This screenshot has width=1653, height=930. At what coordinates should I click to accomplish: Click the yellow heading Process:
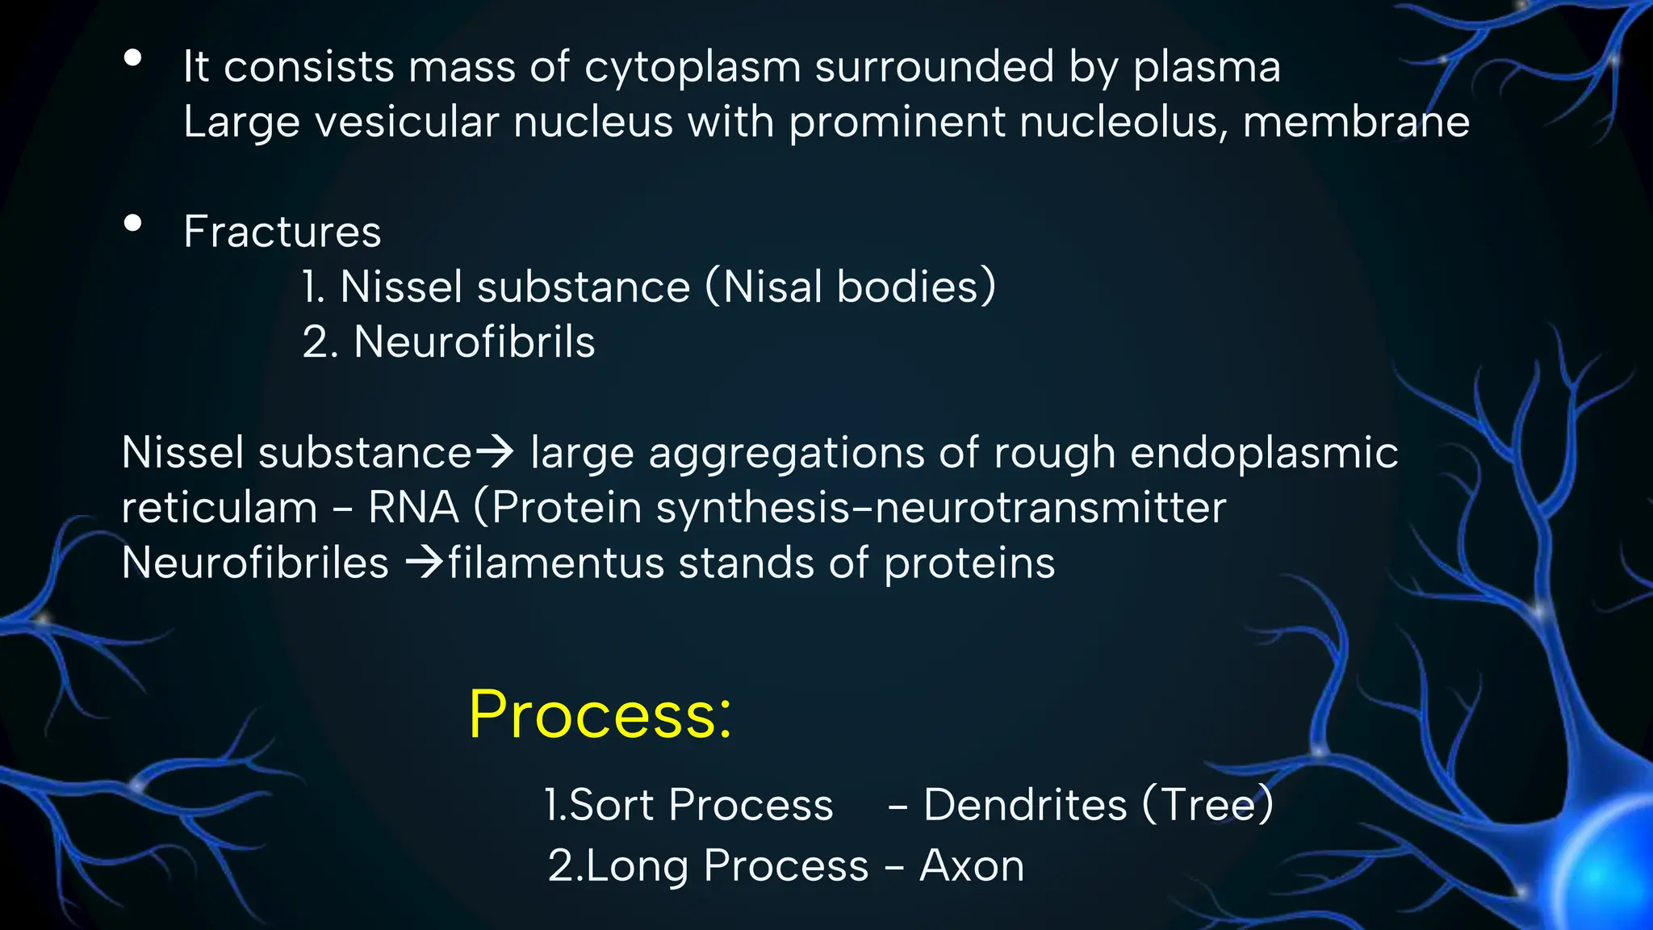[x=600, y=714]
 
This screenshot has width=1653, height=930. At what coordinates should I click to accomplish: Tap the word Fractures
[x=282, y=232]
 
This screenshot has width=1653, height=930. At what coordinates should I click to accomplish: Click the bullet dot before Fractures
[x=133, y=223]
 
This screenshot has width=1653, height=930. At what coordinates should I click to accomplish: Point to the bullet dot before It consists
[x=133, y=58]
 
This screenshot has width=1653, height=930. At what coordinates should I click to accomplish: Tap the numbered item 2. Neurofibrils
[x=449, y=341]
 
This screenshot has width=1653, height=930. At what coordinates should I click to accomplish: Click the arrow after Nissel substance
[x=495, y=451]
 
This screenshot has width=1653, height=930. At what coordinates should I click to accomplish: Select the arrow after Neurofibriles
[x=425, y=563]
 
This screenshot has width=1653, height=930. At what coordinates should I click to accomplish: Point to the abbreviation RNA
[x=413, y=508]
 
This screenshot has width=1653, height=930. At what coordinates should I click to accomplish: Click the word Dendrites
[x=1025, y=805]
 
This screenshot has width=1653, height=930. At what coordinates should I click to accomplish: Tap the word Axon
[x=972, y=865]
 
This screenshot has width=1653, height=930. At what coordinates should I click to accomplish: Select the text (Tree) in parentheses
[x=1207, y=805]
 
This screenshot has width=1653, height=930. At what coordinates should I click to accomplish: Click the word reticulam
[x=220, y=508]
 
